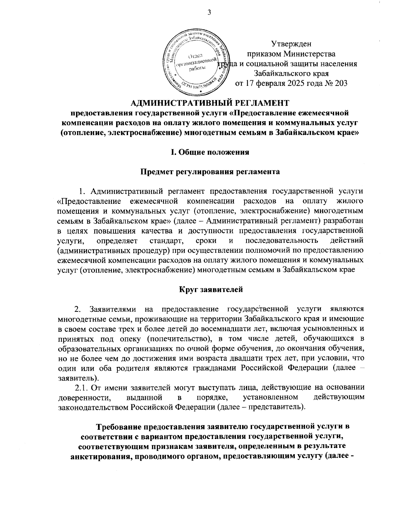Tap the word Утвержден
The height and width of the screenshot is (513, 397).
(x=291, y=44)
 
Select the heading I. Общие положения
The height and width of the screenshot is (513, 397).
(x=210, y=152)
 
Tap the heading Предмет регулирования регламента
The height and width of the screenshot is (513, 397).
(x=210, y=172)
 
